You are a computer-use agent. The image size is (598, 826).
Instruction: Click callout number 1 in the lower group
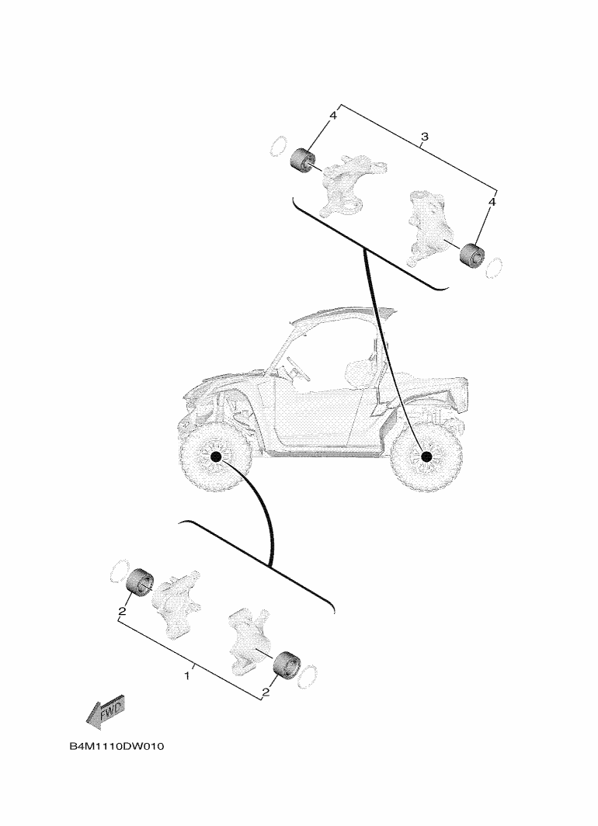coord(186,676)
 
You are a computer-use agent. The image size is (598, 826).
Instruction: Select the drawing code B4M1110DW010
coord(118,747)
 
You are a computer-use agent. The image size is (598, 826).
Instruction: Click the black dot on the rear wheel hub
coord(425,457)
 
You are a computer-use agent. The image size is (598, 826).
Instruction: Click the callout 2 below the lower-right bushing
coord(266,692)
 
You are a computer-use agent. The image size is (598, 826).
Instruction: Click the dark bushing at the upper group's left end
coord(302,161)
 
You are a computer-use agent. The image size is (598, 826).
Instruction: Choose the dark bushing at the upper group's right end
coord(471,254)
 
